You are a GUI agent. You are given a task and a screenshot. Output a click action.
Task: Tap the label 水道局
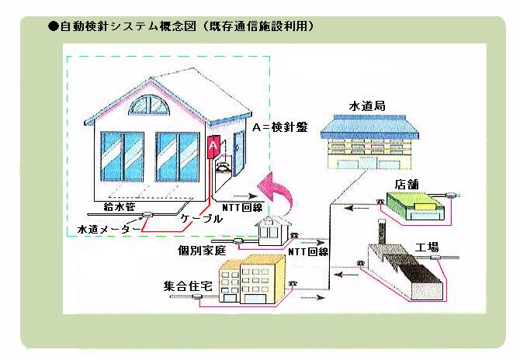tap(368, 104)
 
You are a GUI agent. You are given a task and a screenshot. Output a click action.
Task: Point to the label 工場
tap(428, 247)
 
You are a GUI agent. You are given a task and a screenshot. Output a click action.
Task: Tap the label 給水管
tap(120, 208)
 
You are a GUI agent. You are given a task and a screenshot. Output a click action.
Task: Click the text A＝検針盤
tap(280, 127)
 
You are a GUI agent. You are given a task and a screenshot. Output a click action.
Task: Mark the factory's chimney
tap(381, 233)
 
